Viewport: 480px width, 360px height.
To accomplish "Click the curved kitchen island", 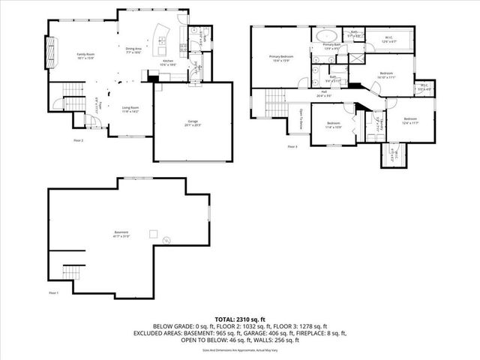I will coord(160,34).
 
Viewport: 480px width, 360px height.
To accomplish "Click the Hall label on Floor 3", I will coord(323,94).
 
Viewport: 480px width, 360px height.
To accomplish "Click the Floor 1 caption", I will coord(53,292).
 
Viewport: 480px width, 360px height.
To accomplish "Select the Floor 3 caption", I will coord(292,146).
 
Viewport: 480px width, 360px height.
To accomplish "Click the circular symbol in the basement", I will coord(166,240).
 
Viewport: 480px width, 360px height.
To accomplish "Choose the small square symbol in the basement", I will coord(153,232).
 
